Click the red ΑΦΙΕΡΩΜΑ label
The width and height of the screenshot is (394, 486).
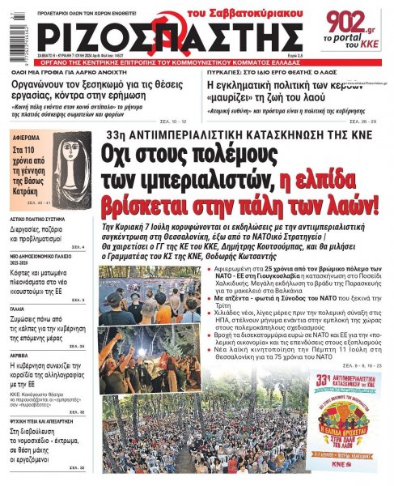[x=33, y=135]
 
